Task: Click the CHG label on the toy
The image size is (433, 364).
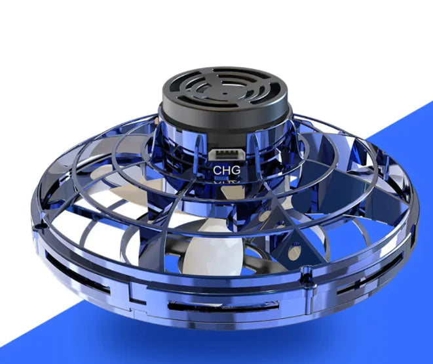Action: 227,170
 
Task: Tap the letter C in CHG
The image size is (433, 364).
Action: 217,170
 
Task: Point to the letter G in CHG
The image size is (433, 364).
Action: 236,170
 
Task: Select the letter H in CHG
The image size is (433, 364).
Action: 227,170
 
